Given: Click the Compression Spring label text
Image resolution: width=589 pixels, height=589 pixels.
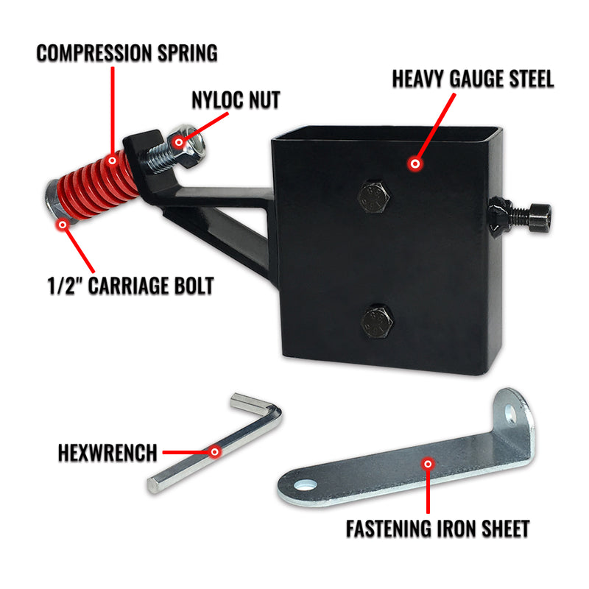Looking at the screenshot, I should tap(127, 52).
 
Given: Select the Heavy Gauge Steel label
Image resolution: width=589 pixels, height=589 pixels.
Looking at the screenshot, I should tap(473, 79).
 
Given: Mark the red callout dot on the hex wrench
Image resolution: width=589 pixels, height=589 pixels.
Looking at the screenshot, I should tap(215, 451).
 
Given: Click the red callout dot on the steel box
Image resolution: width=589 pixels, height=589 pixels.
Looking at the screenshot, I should tap(416, 163).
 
